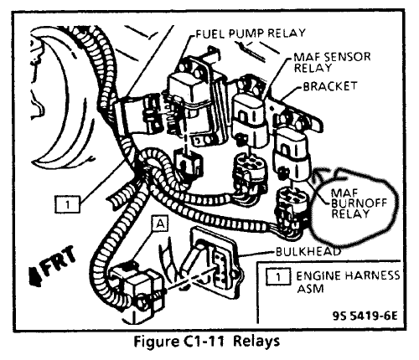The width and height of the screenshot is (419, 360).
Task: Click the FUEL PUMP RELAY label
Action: point(251,33)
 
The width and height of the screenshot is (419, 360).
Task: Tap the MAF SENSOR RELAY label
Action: point(332,62)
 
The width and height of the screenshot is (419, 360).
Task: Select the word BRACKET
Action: point(330,86)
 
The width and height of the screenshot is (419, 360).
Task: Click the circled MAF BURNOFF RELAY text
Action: point(360,203)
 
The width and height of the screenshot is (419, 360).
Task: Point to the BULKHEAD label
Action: point(308,252)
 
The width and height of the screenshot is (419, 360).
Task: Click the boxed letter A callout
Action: point(160,224)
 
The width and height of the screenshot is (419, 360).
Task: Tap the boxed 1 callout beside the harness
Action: point(68,204)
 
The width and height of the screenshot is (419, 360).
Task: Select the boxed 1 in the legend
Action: point(277,277)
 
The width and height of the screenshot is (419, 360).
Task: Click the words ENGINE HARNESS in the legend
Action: point(348,275)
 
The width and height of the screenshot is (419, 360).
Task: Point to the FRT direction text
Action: point(59,260)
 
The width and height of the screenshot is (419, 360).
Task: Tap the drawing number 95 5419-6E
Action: point(365,316)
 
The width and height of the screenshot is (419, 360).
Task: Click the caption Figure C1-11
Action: point(178,342)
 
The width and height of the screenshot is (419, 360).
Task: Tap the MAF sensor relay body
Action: point(249,120)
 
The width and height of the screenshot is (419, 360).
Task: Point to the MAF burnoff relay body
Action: point(292,156)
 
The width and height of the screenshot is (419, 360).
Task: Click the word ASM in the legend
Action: point(310,289)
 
